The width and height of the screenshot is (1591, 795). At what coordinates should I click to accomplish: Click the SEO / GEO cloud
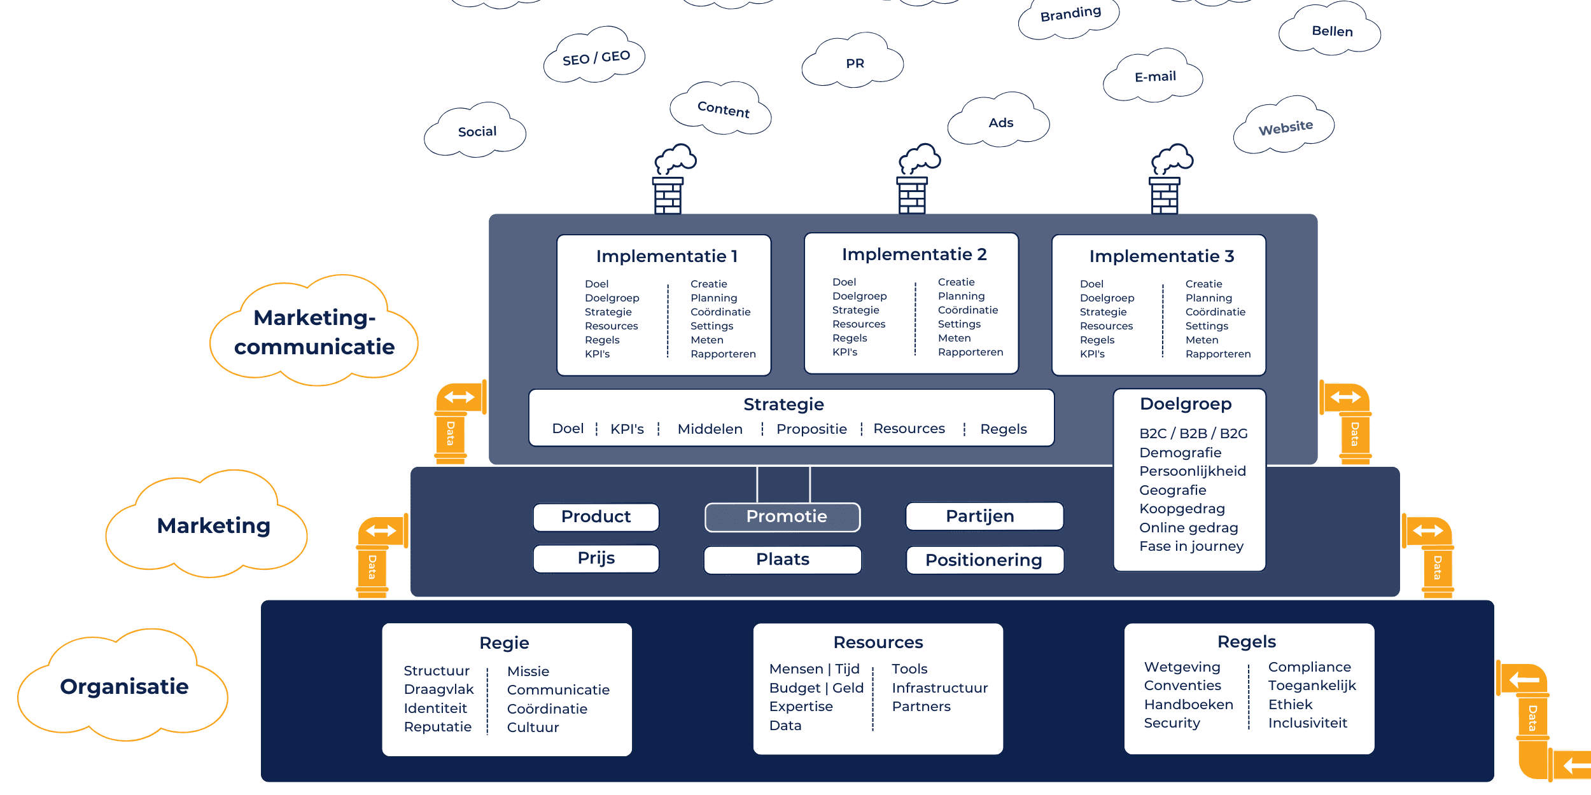[x=596, y=58]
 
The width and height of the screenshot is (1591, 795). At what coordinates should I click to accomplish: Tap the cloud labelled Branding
[x=1070, y=14]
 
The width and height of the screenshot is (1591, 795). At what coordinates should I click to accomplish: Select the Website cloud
[x=1286, y=127]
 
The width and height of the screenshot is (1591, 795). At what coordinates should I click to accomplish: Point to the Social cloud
[x=477, y=132]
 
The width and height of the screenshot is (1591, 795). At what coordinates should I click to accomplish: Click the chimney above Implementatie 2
[x=912, y=194]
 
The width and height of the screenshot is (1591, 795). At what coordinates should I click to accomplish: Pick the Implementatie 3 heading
[x=1161, y=256]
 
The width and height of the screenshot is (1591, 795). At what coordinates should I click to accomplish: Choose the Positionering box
[x=984, y=560]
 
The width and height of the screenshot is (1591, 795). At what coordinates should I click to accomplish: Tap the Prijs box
[x=596, y=558]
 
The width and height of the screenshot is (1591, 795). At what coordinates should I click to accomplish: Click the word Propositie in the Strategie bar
[x=811, y=429]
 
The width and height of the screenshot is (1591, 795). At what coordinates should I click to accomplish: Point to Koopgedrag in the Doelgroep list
[x=1182, y=509]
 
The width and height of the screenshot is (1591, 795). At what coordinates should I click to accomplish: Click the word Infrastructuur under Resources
[x=939, y=688]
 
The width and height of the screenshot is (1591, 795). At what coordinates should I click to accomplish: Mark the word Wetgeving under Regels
[x=1182, y=667]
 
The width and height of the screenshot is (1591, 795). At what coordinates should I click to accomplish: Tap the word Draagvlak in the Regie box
[x=438, y=689]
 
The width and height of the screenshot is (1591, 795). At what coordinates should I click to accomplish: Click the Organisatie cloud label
[x=124, y=687]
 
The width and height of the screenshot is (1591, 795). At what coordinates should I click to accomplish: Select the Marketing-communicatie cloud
[x=314, y=332]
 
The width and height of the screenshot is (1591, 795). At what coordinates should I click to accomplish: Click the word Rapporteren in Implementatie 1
[x=723, y=354]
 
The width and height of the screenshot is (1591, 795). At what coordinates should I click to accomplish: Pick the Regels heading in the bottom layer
[x=1246, y=642]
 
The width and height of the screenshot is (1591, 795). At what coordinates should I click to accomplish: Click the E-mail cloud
[x=1154, y=77]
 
